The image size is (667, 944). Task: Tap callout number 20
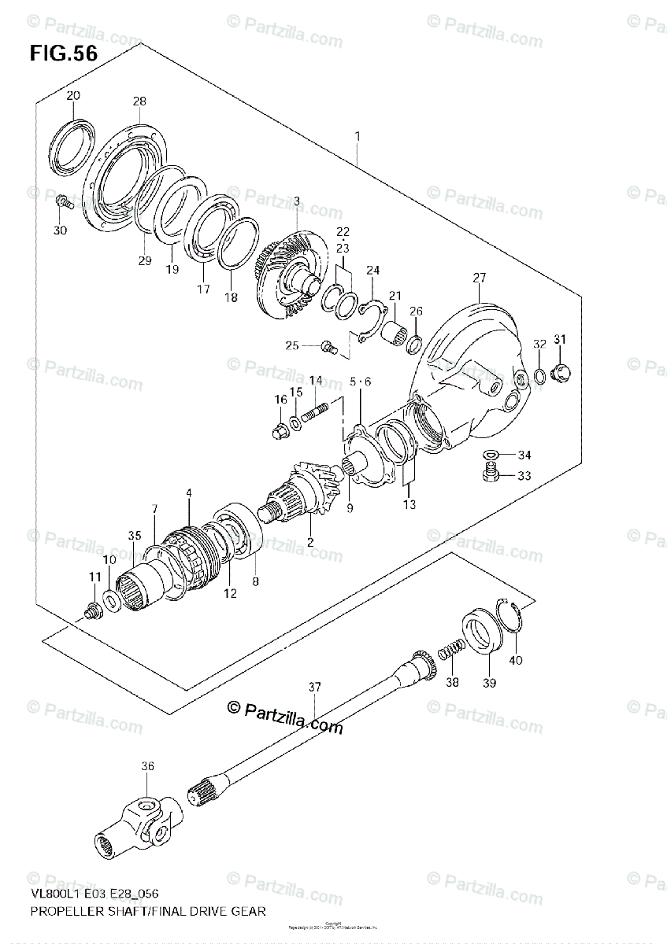72,96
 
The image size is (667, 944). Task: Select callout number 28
139,101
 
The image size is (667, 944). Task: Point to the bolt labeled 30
65,202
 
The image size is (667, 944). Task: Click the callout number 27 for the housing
480,277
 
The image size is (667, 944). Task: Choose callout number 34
524,455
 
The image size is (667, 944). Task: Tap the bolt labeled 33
490,474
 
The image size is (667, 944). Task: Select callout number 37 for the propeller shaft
315,688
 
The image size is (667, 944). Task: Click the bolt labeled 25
328,345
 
